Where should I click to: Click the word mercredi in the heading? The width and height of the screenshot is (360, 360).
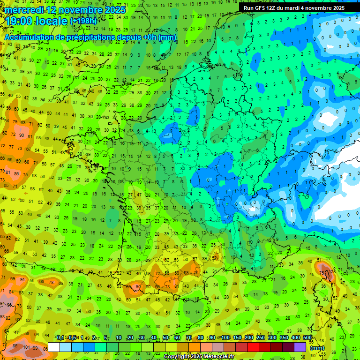point(26,10)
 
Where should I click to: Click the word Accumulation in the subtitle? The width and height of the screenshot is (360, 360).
point(29,37)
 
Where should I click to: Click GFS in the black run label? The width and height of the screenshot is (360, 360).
point(260,8)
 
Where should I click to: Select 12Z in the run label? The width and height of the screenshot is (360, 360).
point(271,8)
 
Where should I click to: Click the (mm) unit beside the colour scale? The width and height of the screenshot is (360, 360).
point(317,348)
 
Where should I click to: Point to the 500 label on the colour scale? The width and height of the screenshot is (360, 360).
point(307,337)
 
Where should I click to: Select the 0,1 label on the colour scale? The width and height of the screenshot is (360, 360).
point(61,337)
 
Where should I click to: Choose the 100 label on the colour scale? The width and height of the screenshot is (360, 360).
point(225,337)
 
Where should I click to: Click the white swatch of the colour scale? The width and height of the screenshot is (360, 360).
point(54,347)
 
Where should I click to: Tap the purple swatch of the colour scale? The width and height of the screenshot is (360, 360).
point(300,347)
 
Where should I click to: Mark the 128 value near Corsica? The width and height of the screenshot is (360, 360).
point(332,271)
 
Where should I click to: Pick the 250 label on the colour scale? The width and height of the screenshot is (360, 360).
point(261,337)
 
